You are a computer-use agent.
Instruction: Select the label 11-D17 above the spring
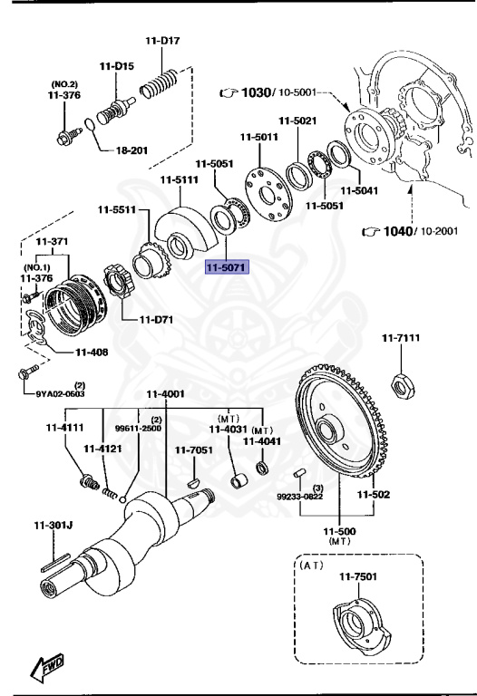162,41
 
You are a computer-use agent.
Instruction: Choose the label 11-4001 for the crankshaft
166,394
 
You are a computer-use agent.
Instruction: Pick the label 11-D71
156,320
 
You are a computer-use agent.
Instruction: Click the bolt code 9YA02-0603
61,393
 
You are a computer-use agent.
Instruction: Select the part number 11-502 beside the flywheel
373,495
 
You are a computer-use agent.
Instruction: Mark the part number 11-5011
258,137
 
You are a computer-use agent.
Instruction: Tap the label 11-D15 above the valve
117,67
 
